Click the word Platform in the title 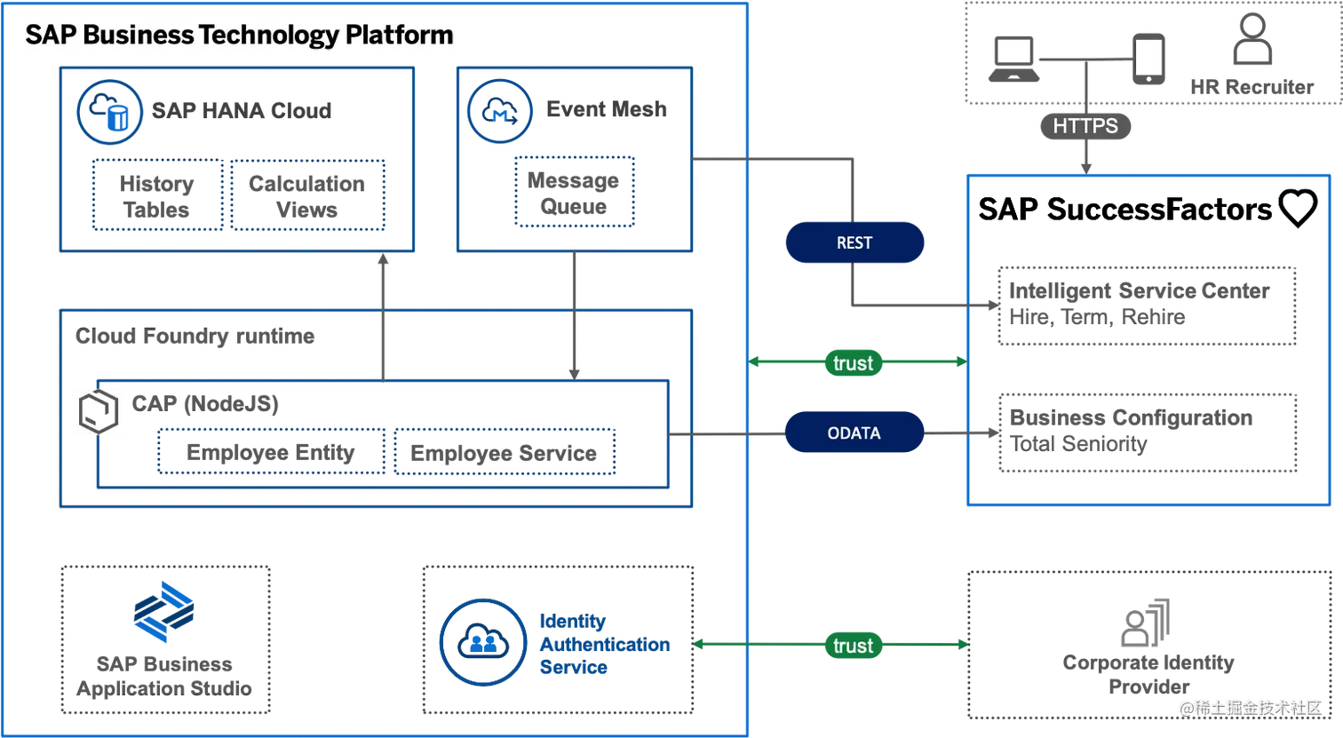[400, 36]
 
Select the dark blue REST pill [854, 243]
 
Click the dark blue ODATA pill [854, 433]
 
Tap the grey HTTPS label [1085, 126]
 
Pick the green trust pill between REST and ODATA [854, 363]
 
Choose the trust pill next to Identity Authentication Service [854, 646]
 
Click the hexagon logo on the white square [99, 412]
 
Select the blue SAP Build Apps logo [163, 613]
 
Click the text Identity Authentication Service [604, 645]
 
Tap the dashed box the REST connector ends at [1146, 304]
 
